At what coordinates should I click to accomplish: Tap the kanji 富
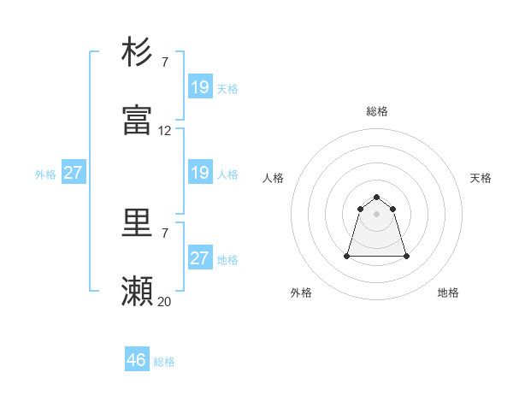pos(138,121)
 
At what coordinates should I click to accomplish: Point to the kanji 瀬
pos(138,292)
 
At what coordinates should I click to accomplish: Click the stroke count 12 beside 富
pos(165,131)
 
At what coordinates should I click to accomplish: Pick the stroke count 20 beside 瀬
pos(165,301)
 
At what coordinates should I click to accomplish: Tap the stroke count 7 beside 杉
pos(165,62)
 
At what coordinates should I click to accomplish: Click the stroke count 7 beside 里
pos(165,232)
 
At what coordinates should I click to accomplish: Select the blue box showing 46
pos(137,360)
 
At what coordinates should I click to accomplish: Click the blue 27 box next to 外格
pos(74,173)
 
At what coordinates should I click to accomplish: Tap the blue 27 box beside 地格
pos(200,258)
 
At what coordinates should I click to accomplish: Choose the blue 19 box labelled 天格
pos(200,87)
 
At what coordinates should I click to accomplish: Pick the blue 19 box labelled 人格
pos(200,173)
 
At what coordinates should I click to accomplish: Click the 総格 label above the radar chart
pos(377,111)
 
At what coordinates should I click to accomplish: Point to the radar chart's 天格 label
pos(481,178)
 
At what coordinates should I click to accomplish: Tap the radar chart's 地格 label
pos(448,293)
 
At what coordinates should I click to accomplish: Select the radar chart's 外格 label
pos(301,293)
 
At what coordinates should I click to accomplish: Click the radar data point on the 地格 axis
pos(406,256)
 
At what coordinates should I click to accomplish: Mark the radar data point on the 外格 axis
pos(348,256)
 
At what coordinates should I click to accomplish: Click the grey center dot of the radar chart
pos(377,213)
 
